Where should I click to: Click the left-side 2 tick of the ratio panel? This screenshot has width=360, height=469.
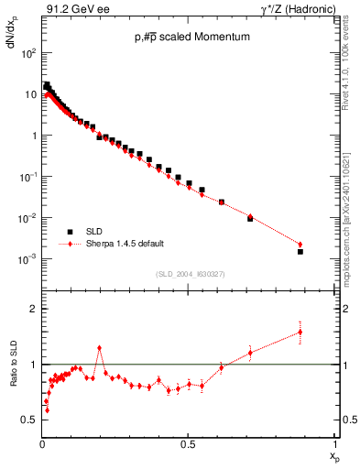[x=33, y=309]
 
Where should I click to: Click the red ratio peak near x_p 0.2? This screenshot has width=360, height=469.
[x=99, y=348]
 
